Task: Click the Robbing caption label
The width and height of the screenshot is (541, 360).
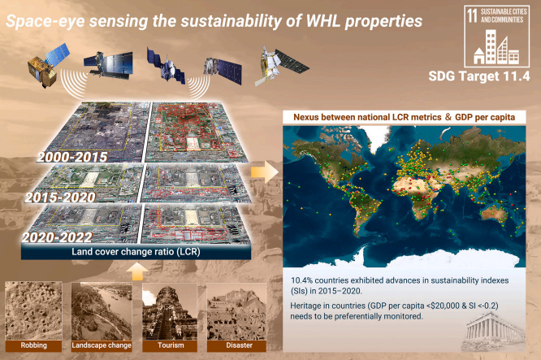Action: click(x=33, y=345)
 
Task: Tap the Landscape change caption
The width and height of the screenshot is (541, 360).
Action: click(x=102, y=345)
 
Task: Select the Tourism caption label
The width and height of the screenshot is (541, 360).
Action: click(x=171, y=345)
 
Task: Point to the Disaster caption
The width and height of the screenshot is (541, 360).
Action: click(x=239, y=345)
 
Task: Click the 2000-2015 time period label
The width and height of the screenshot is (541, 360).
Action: click(x=72, y=157)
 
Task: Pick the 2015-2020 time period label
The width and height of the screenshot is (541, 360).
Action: click(x=60, y=197)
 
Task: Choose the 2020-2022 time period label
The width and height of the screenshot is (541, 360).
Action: click(x=58, y=237)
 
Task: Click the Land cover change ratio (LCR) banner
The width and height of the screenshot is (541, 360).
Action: click(x=136, y=252)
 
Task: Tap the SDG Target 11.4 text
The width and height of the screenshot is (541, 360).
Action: click(x=479, y=76)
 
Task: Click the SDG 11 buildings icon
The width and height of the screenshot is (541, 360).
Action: click(x=496, y=47)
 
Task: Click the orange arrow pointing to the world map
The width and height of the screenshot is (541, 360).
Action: click(x=264, y=171)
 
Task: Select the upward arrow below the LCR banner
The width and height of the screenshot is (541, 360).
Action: click(x=137, y=271)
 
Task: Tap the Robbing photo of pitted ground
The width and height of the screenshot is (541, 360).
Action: click(x=33, y=310)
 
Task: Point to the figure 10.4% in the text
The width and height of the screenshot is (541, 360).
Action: click(x=302, y=280)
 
